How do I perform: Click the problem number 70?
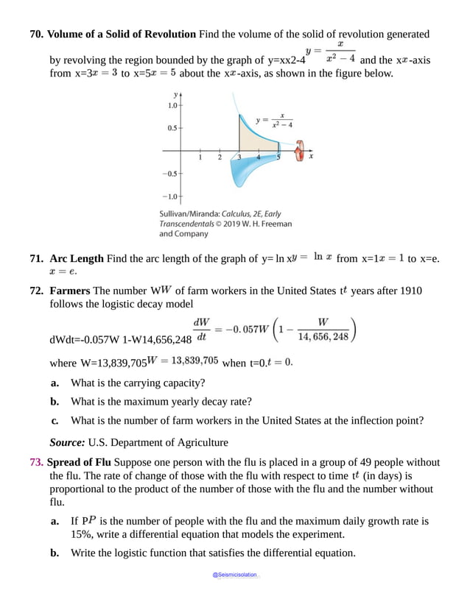(x=36, y=34)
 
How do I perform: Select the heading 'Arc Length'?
(x=77, y=258)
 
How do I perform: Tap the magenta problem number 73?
(x=36, y=462)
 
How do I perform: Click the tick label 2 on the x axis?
(x=220, y=157)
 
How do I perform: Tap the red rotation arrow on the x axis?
(x=298, y=152)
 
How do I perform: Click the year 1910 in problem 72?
(x=408, y=291)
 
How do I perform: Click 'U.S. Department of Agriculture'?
(x=158, y=442)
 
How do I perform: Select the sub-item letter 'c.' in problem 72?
(x=55, y=421)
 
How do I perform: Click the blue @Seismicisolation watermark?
(x=236, y=575)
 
